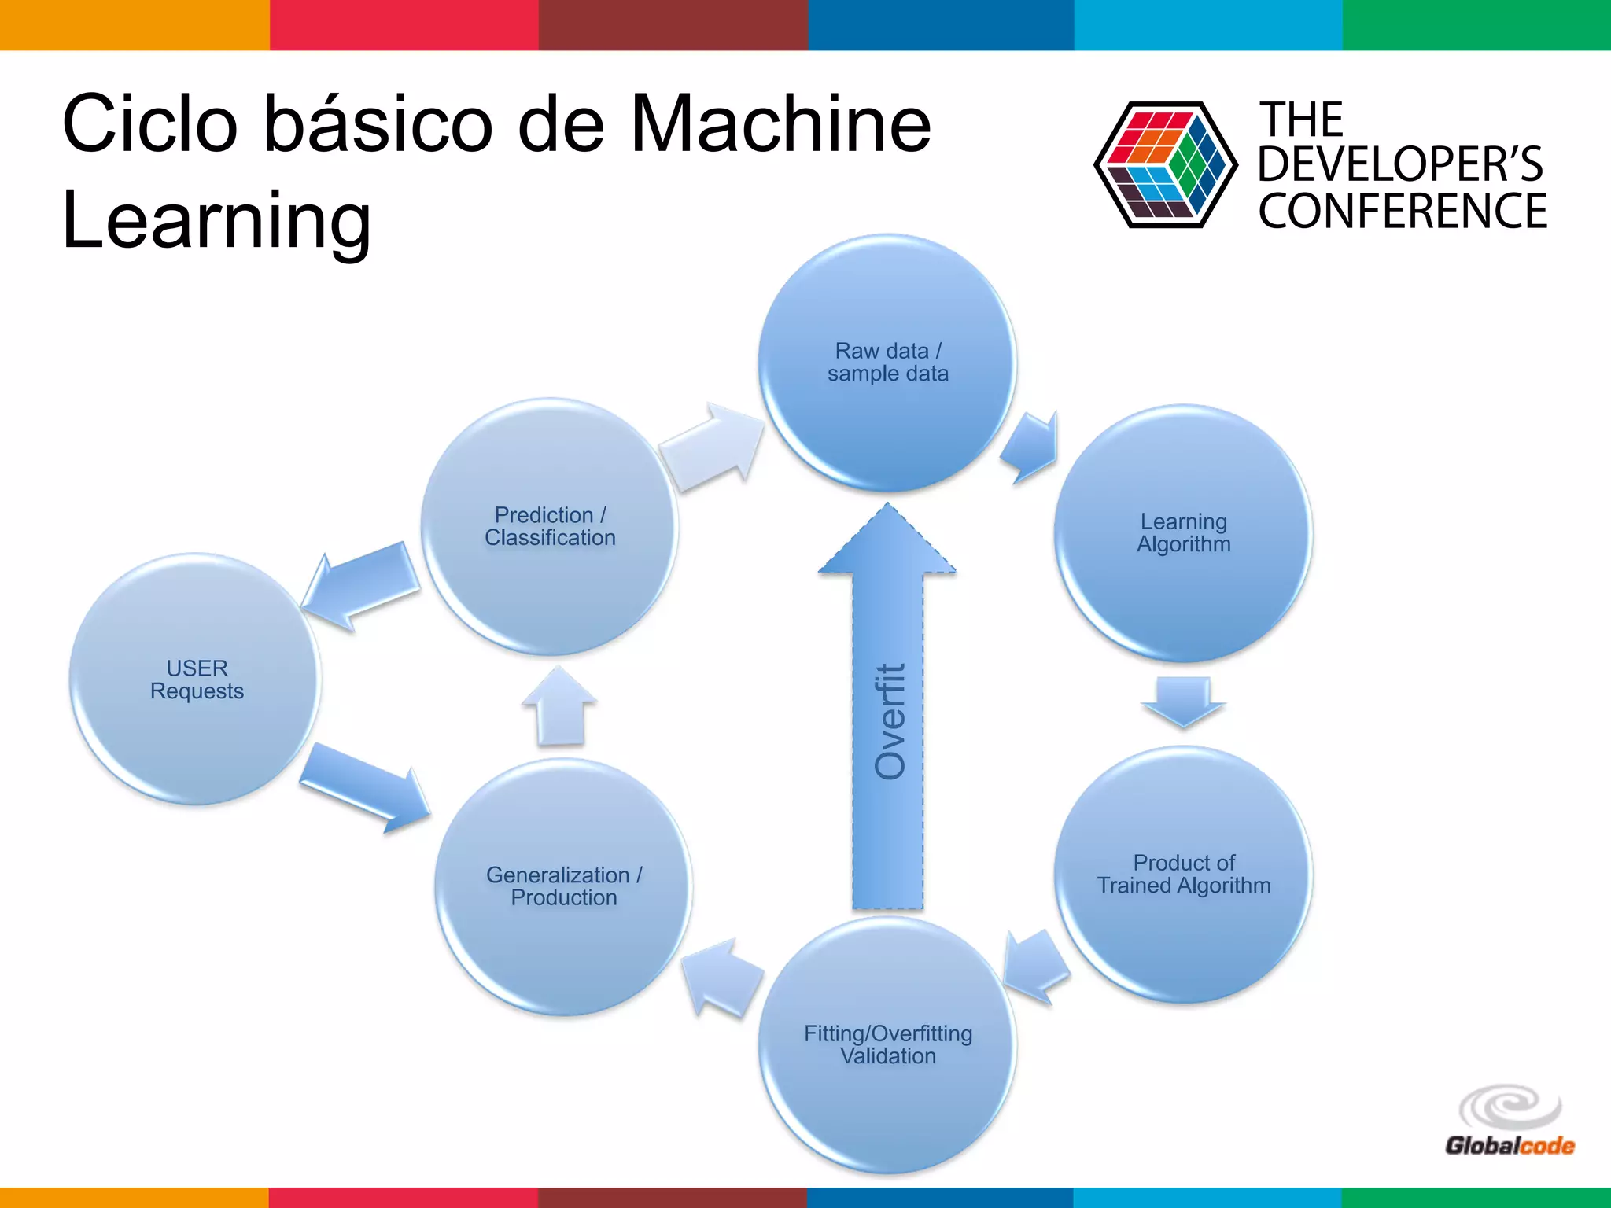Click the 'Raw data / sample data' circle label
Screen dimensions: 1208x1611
tap(887, 362)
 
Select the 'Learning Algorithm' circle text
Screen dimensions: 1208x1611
tap(1183, 532)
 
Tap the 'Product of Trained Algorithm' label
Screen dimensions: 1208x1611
tap(1183, 874)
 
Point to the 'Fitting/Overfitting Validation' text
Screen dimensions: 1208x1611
tap(887, 1044)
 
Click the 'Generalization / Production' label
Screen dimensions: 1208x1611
tap(563, 886)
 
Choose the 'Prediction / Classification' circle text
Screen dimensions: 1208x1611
tap(550, 526)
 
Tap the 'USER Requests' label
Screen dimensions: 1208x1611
tap(197, 679)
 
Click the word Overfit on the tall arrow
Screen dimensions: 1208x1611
tap(890, 721)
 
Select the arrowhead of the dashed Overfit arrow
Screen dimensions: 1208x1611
tap(887, 543)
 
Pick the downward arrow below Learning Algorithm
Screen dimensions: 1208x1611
tap(1183, 700)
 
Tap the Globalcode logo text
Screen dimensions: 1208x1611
tap(1509, 1146)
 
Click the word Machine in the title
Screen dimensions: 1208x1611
tap(780, 124)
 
